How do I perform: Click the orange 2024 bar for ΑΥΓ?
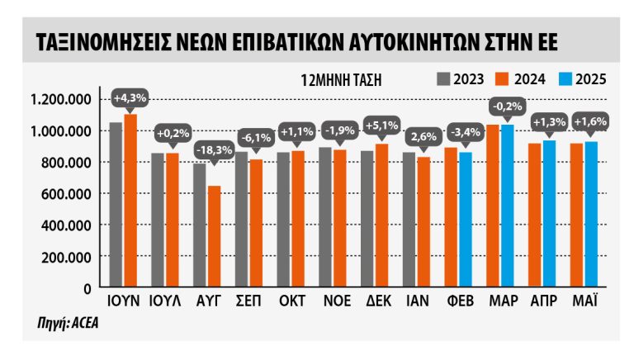tap(214, 236)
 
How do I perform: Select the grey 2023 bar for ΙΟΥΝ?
tap(116, 205)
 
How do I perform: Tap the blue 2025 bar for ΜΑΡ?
tap(507, 206)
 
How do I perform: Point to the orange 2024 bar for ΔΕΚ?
tap(382, 216)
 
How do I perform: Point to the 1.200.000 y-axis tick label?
tap(59, 100)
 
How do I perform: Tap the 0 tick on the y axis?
tap(86, 288)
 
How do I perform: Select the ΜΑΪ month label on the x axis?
tap(586, 301)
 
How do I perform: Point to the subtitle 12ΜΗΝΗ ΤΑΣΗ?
tap(336, 80)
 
